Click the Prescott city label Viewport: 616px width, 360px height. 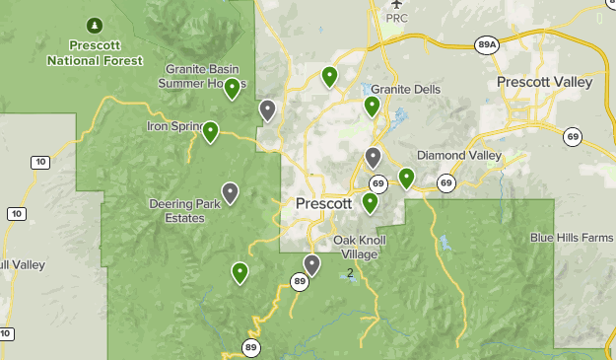point(323,203)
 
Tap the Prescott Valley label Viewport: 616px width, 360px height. point(545,82)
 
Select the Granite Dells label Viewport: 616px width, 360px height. point(405,89)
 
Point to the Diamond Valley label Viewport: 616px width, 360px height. point(459,156)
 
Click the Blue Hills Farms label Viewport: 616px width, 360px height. point(572,238)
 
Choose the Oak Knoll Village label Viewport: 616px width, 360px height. point(355,247)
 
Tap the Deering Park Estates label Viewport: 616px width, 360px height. point(177,211)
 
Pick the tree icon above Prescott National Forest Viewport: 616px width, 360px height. point(95,24)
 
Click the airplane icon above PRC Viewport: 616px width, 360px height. point(396,5)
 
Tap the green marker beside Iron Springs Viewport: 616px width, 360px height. point(210,130)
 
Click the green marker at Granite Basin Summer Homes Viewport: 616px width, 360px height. point(233,89)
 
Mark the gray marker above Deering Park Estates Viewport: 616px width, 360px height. point(231,192)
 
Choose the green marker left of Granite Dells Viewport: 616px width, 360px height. point(372,106)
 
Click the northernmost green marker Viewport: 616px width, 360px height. point(329,75)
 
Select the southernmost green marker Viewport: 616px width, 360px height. point(240,272)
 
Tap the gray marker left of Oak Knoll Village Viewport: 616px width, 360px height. point(312,264)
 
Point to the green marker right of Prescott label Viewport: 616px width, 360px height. point(370,202)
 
